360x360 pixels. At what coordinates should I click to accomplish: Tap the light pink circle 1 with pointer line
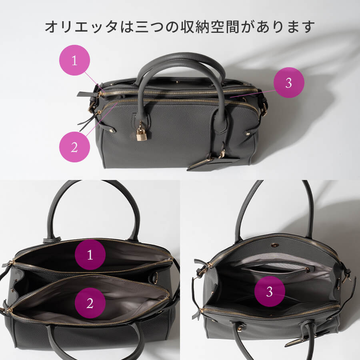pos(74,60)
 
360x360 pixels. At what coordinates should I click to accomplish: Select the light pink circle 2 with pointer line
pos(74,147)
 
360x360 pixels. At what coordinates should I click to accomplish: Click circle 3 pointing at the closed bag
pos(289,83)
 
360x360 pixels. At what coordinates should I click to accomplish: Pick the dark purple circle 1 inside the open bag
pos(90,255)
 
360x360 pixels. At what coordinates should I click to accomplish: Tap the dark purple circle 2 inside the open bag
pos(90,303)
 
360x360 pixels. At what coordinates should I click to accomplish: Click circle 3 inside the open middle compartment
pos(270,292)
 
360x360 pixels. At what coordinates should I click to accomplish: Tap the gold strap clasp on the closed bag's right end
pos(264,108)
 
